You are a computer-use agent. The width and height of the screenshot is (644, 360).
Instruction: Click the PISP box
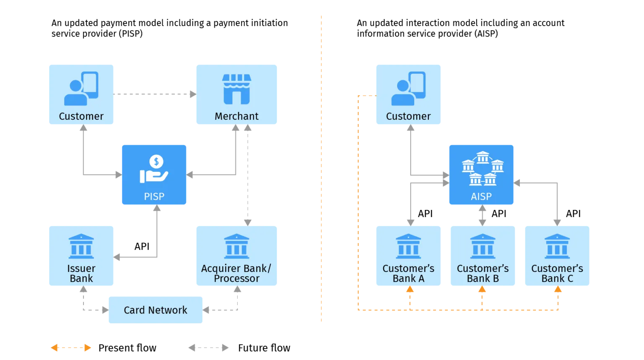(154, 175)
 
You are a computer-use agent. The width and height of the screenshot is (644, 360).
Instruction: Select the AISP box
(481, 175)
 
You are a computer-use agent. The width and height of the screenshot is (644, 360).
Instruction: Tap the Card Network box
(156, 310)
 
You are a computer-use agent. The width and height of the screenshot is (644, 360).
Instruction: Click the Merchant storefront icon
(236, 89)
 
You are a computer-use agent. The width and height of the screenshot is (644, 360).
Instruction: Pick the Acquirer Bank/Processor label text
(236, 273)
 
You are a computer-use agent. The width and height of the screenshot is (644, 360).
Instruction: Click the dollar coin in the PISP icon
(156, 161)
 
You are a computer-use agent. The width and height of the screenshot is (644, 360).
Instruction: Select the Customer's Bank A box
(409, 256)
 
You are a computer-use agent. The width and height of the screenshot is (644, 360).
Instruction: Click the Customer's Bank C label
(557, 273)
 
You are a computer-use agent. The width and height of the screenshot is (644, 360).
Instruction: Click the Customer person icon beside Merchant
(81, 88)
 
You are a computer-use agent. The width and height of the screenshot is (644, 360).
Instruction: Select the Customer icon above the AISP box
(408, 88)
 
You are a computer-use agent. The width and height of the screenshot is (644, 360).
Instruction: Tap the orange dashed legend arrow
(71, 347)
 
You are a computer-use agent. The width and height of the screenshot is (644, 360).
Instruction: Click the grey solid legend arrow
(209, 347)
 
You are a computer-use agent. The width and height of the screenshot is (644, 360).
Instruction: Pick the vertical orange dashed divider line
(320, 168)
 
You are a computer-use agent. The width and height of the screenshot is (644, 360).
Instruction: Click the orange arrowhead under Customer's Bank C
(558, 290)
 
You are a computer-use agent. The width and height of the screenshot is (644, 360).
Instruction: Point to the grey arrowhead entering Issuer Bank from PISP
(117, 256)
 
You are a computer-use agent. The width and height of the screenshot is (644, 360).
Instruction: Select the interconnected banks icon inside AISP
(482, 168)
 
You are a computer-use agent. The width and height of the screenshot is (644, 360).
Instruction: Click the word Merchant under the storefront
(236, 116)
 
